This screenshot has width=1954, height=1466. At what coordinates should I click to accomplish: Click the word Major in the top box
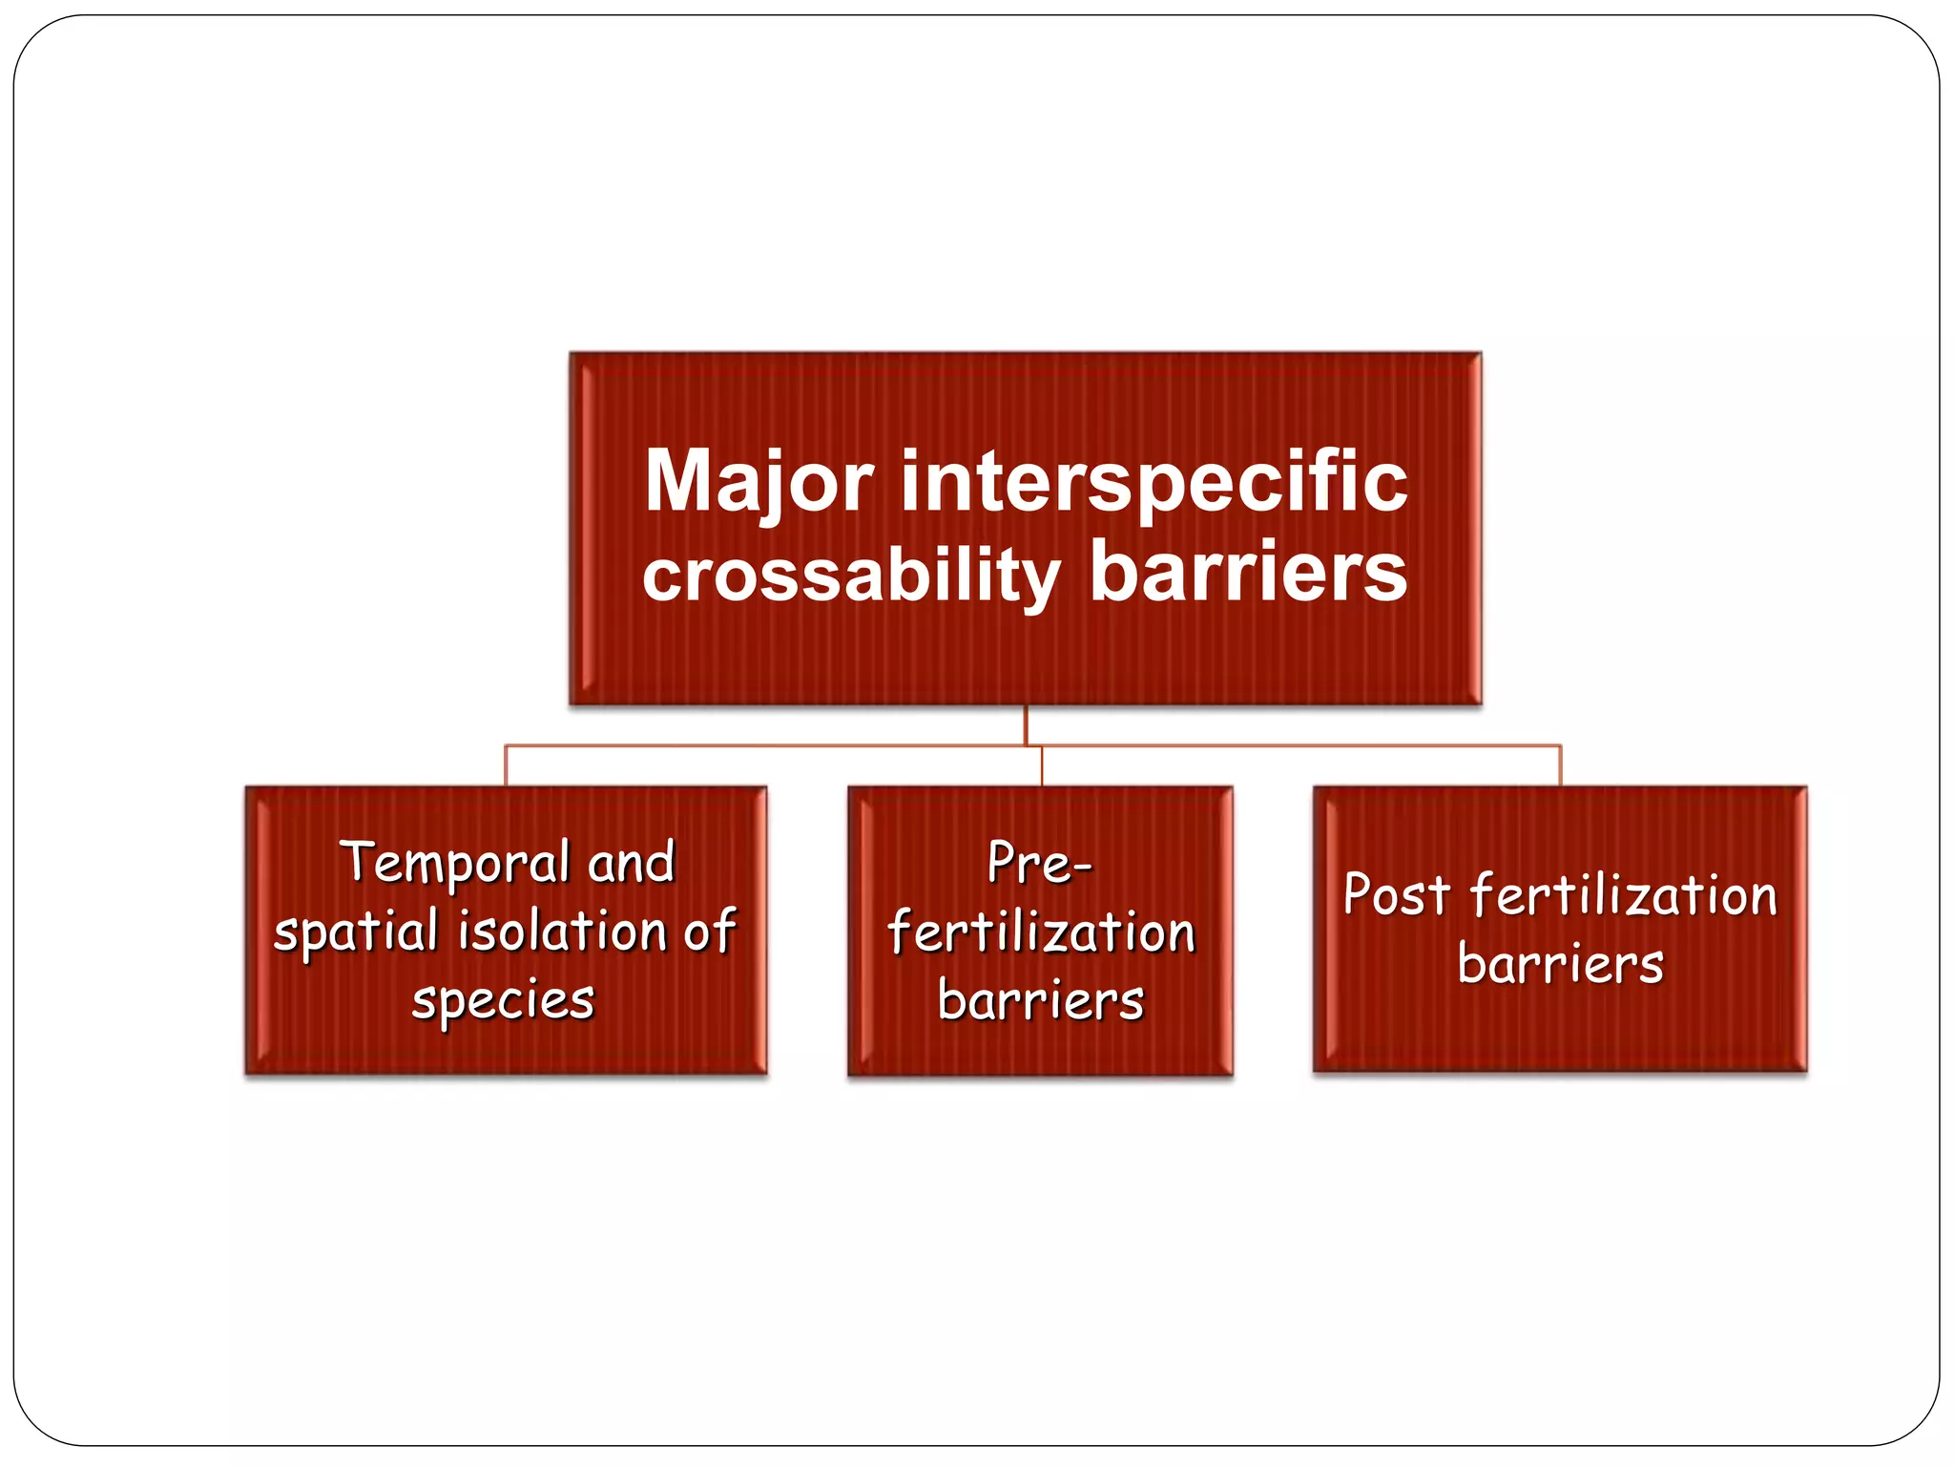759,482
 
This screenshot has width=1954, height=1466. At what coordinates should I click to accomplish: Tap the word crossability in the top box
850,576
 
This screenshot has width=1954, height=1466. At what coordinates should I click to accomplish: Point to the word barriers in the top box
1248,573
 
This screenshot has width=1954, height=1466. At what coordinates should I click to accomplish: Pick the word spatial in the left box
355,932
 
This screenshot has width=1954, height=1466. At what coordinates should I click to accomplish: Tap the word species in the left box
503,1001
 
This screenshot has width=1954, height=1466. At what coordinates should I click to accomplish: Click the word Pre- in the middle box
1038,864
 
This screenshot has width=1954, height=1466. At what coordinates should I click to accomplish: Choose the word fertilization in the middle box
1040,932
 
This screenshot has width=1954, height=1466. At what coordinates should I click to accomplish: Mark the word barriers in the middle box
1040,1001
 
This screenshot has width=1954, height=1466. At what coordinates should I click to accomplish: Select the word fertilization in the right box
1623,896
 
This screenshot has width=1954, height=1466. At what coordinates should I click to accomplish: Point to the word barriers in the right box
1560,965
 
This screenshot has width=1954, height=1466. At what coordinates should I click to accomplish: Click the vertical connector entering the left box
506,766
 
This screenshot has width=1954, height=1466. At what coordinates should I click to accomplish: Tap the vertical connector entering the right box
1560,766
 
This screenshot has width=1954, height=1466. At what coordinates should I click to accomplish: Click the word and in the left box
631,864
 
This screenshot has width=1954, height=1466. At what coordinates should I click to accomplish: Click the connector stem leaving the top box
1026,724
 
